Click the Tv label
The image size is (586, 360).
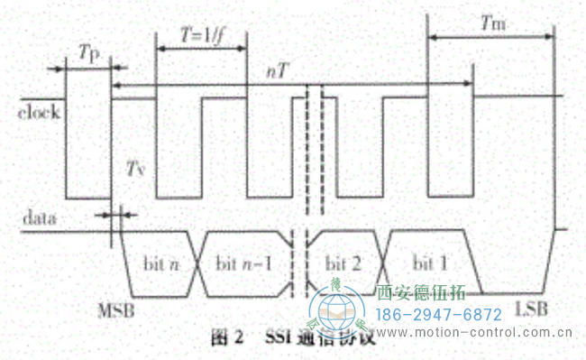(135, 169)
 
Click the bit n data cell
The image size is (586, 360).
(162, 262)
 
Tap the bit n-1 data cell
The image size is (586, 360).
(243, 262)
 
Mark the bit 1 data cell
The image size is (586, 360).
(430, 262)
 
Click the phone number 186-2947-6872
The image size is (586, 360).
(438, 314)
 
